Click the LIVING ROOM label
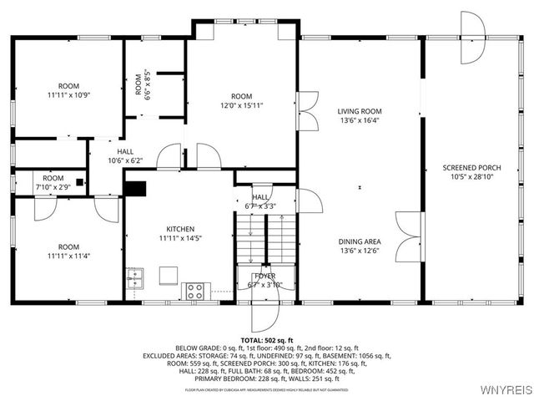pos(360,111)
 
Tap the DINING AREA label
pos(360,241)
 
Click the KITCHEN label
pos(179,229)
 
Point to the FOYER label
pos(264,276)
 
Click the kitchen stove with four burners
pos(194,291)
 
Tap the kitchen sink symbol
pos(134,277)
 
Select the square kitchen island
pos(169,276)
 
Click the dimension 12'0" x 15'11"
pos(241,105)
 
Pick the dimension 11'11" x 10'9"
pos(68,95)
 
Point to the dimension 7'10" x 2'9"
pos(53,187)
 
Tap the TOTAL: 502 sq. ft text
pos(266,340)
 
